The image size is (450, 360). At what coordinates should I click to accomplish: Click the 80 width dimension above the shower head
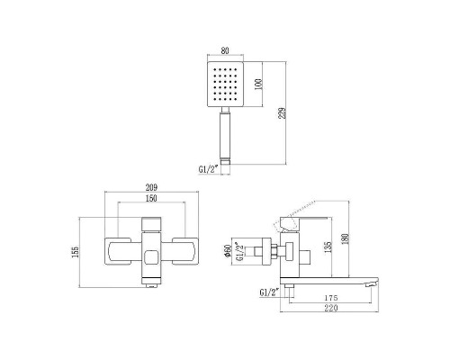pyautogui.click(x=224, y=51)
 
